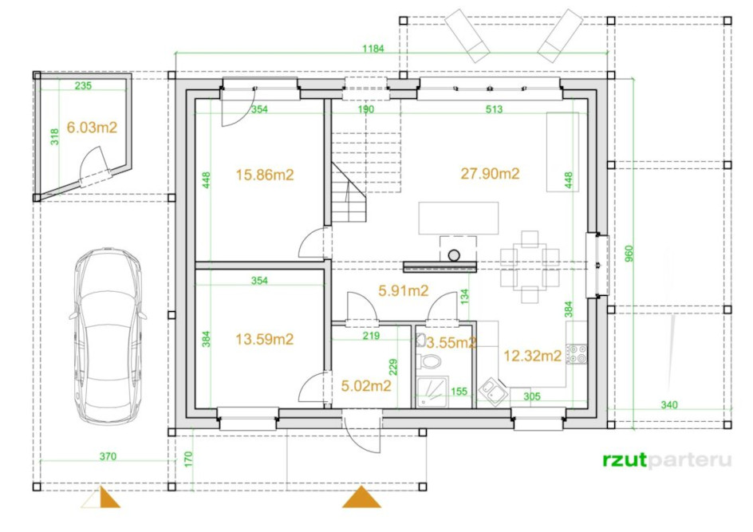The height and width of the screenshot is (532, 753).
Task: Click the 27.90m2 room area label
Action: [x=490, y=173]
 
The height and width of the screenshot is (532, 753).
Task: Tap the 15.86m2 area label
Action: [x=265, y=175]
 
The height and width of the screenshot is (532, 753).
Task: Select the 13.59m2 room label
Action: [x=264, y=340]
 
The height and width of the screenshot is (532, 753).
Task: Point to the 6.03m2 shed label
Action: [x=92, y=128]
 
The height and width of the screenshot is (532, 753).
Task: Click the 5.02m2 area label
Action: [x=366, y=385]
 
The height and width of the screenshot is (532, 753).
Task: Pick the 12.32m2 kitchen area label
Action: [x=532, y=356]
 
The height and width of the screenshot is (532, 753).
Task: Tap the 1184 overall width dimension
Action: [x=373, y=49]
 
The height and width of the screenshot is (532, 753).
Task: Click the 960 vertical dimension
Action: [x=629, y=254]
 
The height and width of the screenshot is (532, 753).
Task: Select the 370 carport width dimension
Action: [x=108, y=456]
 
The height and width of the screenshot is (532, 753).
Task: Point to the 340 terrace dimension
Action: [x=669, y=404]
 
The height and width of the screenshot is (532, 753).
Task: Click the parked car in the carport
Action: [x=108, y=336]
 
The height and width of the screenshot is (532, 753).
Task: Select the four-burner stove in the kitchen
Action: [x=576, y=354]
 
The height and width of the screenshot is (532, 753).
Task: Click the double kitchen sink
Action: [x=494, y=389]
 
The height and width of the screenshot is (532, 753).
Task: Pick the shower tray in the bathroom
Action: [x=432, y=392]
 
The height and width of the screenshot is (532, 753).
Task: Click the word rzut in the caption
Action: [x=625, y=460]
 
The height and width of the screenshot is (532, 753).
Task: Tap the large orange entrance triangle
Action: [x=361, y=498]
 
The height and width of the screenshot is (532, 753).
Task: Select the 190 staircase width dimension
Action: [x=366, y=109]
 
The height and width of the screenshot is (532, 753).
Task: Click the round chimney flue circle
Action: [x=454, y=255]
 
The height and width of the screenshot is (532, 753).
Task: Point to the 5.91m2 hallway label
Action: [x=404, y=290]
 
